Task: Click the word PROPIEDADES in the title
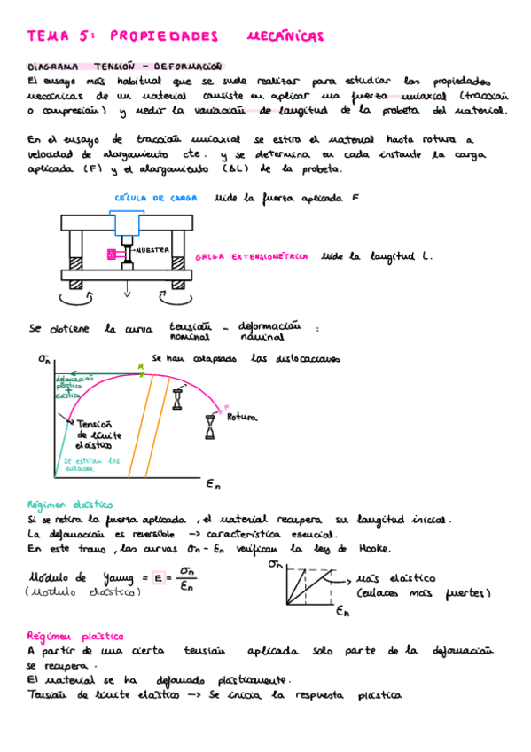tap(163, 36)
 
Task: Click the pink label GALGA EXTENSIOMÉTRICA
tap(252, 256)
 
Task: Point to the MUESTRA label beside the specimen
tap(151, 250)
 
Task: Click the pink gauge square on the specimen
tap(112, 255)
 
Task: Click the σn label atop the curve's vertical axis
tap(44, 359)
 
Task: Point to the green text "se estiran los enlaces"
tap(91, 465)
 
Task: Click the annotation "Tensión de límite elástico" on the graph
tap(99, 435)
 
